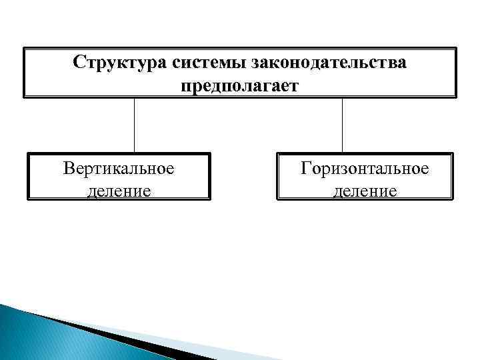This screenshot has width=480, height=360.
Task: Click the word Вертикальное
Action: (119, 168)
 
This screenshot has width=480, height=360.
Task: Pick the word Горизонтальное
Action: (365, 168)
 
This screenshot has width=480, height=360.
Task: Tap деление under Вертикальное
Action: (119, 191)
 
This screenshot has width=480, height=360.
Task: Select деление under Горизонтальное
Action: (365, 191)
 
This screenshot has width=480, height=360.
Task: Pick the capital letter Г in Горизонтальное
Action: (306, 168)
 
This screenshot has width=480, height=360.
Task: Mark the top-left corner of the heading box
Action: (24, 47)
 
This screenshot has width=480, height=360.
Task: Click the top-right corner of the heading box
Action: (457, 47)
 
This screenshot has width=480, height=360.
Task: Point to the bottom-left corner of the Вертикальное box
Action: (27, 199)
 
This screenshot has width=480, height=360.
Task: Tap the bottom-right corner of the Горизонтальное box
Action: (453, 199)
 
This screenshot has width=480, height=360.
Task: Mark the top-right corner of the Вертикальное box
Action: (210, 153)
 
